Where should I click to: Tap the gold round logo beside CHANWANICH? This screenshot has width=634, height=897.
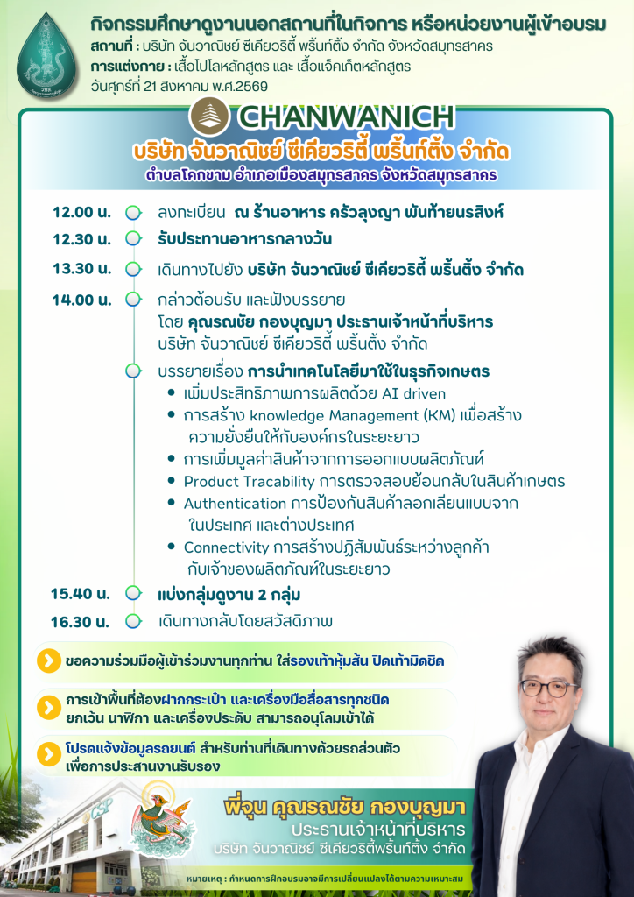coord(209,117)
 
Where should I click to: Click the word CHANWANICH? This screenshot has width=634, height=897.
coord(347,117)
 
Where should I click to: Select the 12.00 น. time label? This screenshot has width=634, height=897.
coord(81,212)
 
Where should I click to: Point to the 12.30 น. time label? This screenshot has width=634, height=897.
coord(81,239)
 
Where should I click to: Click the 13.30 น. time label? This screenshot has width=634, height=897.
coord(81,268)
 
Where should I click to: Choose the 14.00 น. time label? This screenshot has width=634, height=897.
coord(81,300)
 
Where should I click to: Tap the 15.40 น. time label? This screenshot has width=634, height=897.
coord(80,593)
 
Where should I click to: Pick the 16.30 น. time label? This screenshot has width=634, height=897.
coord(80,621)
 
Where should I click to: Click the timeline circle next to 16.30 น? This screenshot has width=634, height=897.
coord(133,621)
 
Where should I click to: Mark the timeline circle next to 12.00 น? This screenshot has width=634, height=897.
coord(133,213)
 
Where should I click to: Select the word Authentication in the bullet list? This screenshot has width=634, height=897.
coord(235,504)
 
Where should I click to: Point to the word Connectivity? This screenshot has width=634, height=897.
coord(226,548)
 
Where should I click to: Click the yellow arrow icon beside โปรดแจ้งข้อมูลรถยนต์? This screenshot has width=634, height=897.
coord(48,755)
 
